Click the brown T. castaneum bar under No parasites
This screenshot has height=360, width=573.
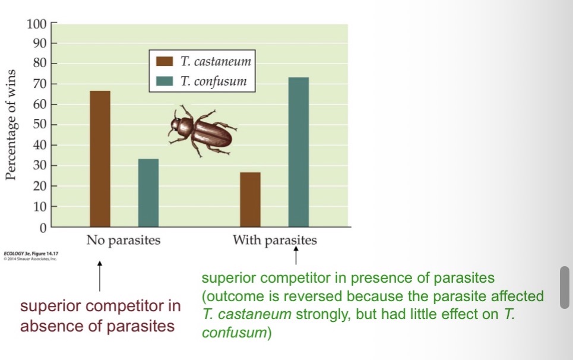pyautogui.click(x=100, y=159)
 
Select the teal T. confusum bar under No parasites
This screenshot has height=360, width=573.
pyautogui.click(x=148, y=192)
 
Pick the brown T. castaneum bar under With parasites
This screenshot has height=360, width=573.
pyautogui.click(x=250, y=200)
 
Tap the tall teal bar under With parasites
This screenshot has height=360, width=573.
pyautogui.click(x=299, y=152)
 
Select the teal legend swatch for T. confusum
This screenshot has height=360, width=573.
pyautogui.click(x=164, y=81)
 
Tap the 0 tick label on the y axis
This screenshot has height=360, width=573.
pyautogui.click(x=42, y=228)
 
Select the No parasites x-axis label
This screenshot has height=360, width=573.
pyautogui.click(x=124, y=241)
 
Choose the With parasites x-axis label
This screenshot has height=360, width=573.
pyautogui.click(x=275, y=241)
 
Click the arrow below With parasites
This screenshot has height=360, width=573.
pyautogui.click(x=296, y=257)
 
